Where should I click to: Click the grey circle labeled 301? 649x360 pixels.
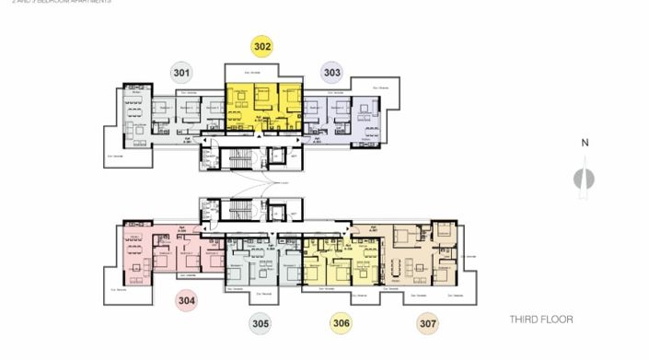(181, 72)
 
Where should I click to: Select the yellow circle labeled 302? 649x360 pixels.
(262, 46)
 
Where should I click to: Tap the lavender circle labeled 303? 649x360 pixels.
(331, 72)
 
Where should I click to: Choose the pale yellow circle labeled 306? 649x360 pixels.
(342, 323)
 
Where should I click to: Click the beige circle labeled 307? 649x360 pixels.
(426, 323)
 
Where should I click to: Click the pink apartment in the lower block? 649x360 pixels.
(166, 253)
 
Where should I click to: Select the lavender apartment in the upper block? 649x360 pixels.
(348, 115)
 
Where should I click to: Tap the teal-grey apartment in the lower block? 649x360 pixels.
(262, 262)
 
